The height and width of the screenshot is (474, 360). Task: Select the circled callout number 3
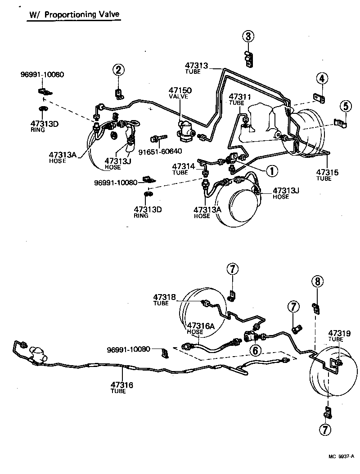coord(249,36)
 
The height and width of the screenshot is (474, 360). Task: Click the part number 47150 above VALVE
coord(180,90)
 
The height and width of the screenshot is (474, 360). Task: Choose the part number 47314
coord(184,166)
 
